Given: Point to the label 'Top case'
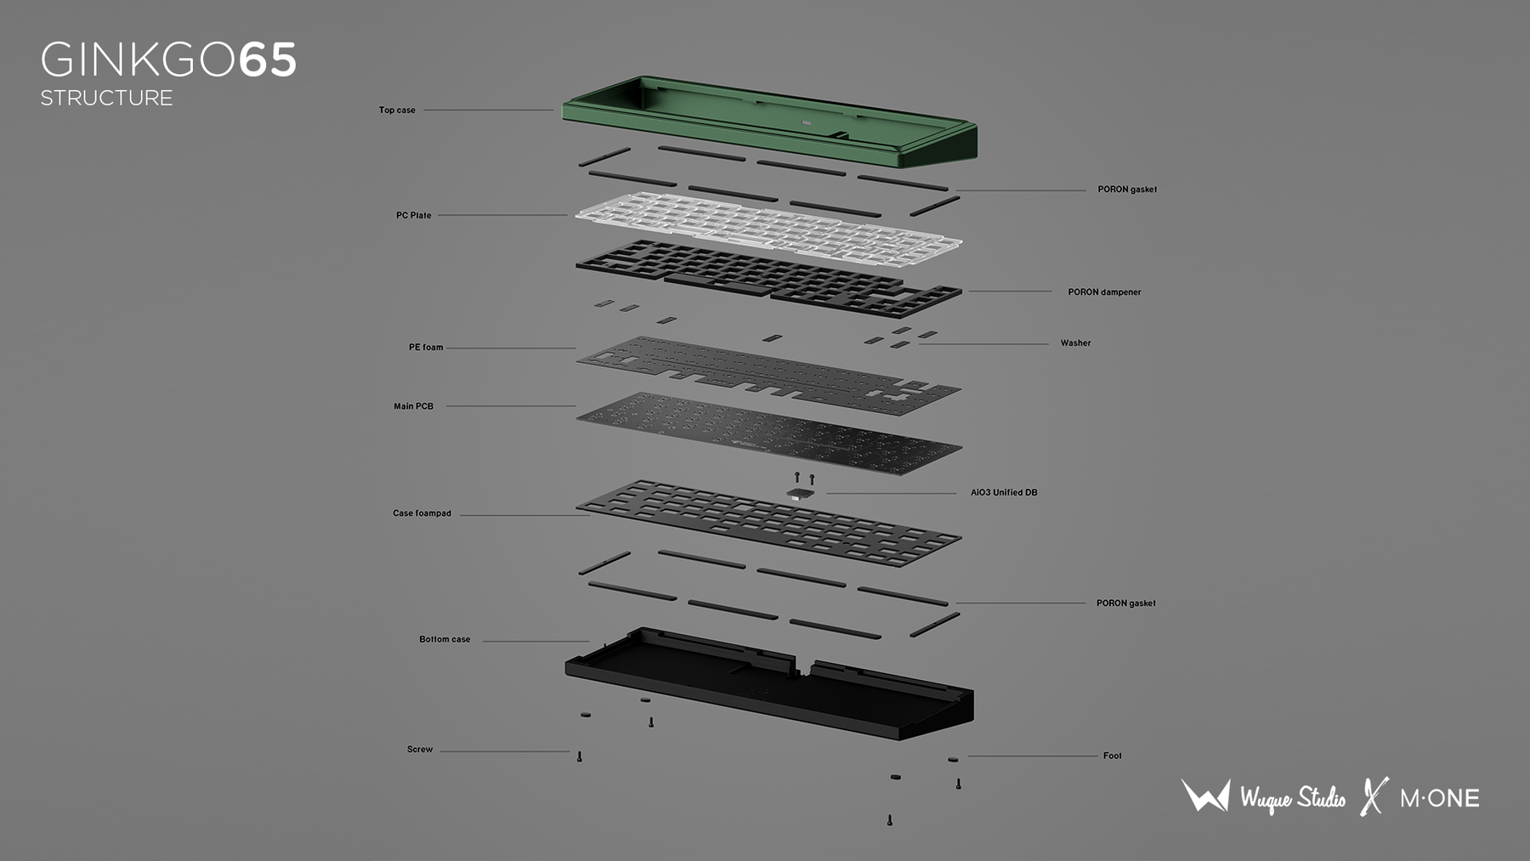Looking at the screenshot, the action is click(397, 110).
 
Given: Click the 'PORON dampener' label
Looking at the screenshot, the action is click(1104, 292).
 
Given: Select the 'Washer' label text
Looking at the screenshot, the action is click(1075, 343).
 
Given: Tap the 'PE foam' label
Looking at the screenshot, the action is click(426, 347).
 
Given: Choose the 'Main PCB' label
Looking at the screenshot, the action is click(413, 406).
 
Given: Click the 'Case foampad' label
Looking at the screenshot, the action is click(422, 513).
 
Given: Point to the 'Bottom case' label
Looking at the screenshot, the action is click(445, 639).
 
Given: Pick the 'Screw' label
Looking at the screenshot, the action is click(420, 750).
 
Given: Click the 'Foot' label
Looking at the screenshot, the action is click(1112, 756).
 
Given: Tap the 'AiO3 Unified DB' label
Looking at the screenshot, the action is click(1004, 492).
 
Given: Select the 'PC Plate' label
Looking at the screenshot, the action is click(413, 215).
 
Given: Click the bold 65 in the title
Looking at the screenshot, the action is click(268, 60).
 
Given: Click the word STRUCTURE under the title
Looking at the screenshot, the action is click(106, 98).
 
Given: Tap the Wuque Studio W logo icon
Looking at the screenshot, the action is click(1205, 796).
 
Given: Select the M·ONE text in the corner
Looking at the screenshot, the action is click(1440, 798).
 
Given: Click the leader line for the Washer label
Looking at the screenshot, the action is click(983, 344).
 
